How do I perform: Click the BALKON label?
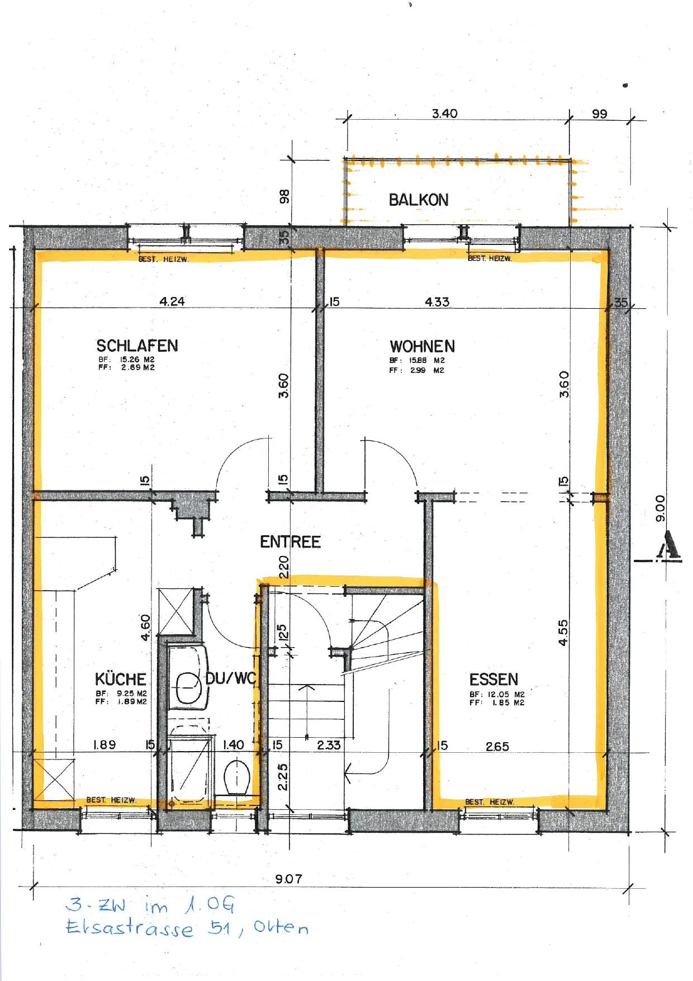pyautogui.click(x=419, y=200)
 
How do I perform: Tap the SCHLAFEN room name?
pyautogui.click(x=137, y=346)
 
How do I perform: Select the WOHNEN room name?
pyautogui.click(x=423, y=346)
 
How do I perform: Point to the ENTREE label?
pyautogui.click(x=290, y=541)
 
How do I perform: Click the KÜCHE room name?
pyautogui.click(x=121, y=679)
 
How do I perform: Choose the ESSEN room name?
pyautogui.click(x=494, y=680)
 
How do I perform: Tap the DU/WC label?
pyautogui.click(x=231, y=678)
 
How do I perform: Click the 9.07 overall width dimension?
pyautogui.click(x=288, y=879)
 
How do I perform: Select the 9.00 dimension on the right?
pyautogui.click(x=661, y=508)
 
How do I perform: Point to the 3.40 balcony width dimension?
pyautogui.click(x=445, y=114)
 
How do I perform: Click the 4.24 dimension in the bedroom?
pyautogui.click(x=172, y=301)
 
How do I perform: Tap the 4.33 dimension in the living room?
pyautogui.click(x=437, y=302)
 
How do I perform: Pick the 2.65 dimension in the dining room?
pyautogui.click(x=497, y=747)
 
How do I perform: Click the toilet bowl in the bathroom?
pyautogui.click(x=237, y=777)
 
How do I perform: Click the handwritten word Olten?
pyautogui.click(x=281, y=927)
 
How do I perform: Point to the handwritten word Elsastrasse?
pyautogui.click(x=130, y=928)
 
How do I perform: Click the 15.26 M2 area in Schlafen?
pyautogui.click(x=137, y=360)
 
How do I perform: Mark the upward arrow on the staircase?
pyautogui.click(x=306, y=711)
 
